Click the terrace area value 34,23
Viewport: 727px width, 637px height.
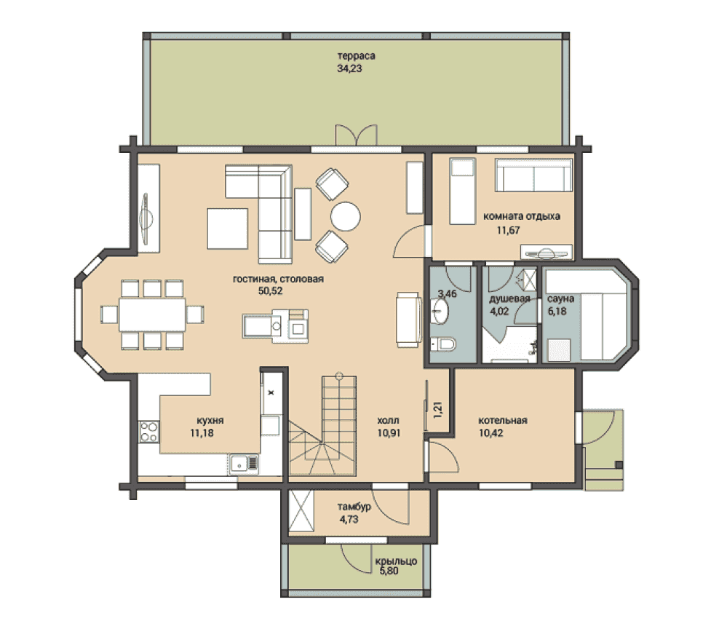tap(349, 68)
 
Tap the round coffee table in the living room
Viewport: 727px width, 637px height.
tap(346, 216)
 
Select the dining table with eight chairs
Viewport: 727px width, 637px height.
tap(152, 314)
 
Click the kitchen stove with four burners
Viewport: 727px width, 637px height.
tap(149, 431)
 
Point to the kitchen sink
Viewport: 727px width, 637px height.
tap(244, 463)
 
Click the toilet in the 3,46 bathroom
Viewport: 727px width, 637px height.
tap(442, 344)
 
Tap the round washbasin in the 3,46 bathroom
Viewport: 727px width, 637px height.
tap(440, 311)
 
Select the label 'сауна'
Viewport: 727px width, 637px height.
tap(560, 298)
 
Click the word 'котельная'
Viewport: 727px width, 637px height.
tap(503, 420)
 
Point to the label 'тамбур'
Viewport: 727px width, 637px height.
tap(354, 507)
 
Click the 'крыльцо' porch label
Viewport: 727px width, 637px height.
tap(396, 561)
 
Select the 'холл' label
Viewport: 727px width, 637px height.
tap(388, 420)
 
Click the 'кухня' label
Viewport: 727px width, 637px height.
tap(210, 420)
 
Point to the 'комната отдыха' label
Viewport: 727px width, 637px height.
tap(522, 216)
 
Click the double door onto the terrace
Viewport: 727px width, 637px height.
tap(356, 135)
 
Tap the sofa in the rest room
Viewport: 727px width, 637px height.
tap(533, 175)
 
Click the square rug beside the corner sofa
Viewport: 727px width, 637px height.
tap(228, 229)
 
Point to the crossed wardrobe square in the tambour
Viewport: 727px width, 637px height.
tap(301, 510)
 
